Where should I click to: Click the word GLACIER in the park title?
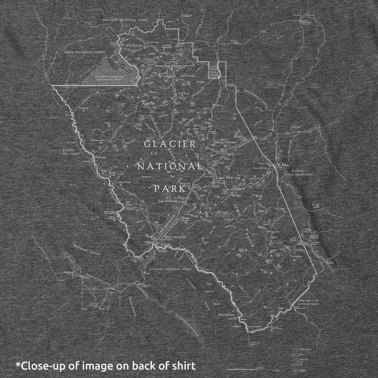[169, 144]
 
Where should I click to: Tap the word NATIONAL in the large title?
[169, 167]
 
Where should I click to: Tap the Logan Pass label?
[225, 178]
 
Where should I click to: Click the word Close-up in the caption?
[45, 365]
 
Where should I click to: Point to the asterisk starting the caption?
[18, 363]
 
